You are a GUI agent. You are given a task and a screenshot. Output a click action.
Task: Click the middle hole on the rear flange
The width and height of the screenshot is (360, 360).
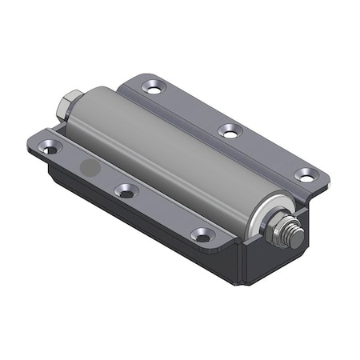pyautogui.click(x=230, y=130)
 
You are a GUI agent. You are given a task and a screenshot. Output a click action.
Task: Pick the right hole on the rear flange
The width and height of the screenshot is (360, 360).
pyautogui.click(x=304, y=174)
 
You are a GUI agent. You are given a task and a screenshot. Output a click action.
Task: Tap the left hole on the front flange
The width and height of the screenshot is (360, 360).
pyautogui.click(x=51, y=149)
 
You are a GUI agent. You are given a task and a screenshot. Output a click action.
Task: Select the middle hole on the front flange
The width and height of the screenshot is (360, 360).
pyautogui.click(x=125, y=191)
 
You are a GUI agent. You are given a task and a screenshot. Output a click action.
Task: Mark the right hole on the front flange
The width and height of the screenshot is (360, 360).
pyautogui.click(x=202, y=235)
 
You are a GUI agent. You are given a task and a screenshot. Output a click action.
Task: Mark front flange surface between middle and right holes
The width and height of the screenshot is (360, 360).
pyautogui.click(x=164, y=213)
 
